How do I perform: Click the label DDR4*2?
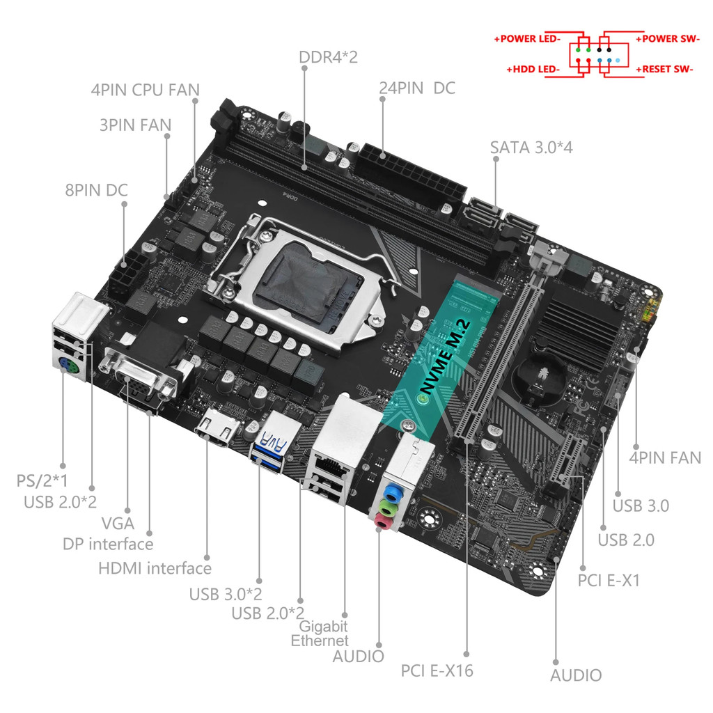coord(328,56)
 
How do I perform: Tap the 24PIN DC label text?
coord(416,88)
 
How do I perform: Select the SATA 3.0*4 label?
coord(531,147)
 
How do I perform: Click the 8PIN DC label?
coord(97,190)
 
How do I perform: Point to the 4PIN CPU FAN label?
coord(145,90)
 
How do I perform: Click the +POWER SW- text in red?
coord(667,39)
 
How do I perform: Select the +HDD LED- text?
coord(533,70)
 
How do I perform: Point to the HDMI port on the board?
coord(219,431)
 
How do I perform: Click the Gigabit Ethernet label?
coord(320,633)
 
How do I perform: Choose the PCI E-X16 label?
coord(437,671)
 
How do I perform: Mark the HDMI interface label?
coord(155,568)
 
